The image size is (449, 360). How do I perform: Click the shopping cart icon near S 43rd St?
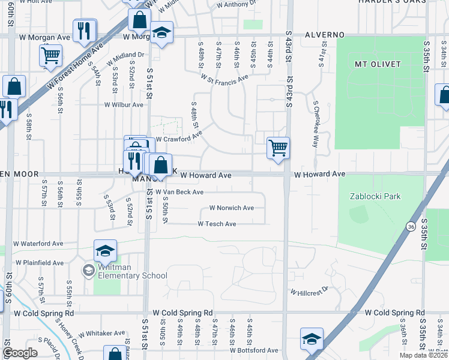pos(278,147)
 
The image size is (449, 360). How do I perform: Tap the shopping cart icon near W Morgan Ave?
pos(51,55)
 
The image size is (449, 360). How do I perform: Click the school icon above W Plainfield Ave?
pos(105,250)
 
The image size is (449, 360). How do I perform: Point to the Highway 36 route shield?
pos(411,227)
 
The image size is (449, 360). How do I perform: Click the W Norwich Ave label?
pos(231,208)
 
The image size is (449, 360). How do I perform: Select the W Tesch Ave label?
pos(217,224)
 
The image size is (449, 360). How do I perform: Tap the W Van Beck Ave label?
pos(179,192)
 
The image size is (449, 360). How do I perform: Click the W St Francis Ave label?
pos(224,78)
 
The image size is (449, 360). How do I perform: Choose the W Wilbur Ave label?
pos(124,104)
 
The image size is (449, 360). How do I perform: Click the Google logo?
pos(20,352)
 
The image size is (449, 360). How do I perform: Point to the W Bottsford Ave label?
pos(254,350)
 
